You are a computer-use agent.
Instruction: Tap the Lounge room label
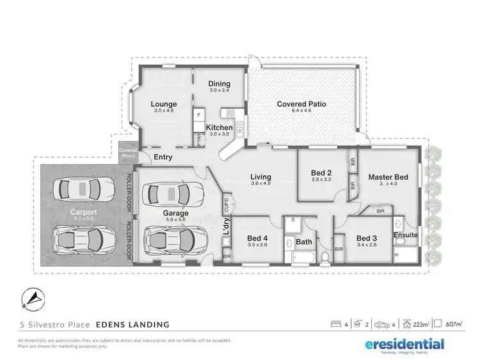click(164, 104)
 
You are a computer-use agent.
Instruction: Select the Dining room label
click(220, 84)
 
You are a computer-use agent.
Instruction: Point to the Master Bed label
click(388, 176)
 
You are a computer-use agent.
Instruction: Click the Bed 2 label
click(321, 173)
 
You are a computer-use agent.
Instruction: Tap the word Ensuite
click(405, 235)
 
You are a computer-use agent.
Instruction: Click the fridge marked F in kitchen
click(199, 115)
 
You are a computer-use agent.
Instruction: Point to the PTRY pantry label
click(199, 141)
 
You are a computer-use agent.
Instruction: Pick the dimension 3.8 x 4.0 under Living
click(260, 184)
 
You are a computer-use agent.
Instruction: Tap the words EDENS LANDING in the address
click(134, 325)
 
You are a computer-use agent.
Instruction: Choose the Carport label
click(83, 212)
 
